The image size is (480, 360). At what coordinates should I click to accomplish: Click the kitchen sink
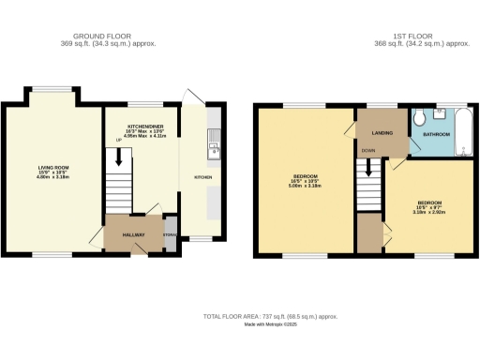click(213, 148)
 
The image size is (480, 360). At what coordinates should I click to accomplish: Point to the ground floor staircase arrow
click(118, 160)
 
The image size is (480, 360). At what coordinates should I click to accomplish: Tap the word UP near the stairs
click(118, 141)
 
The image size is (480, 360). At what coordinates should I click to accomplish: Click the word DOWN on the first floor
click(368, 150)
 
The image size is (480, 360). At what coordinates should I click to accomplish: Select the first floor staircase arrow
click(368, 168)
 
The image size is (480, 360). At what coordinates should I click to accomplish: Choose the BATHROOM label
click(436, 135)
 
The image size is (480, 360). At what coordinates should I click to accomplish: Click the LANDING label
click(382, 132)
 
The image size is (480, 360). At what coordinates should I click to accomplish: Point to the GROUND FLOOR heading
click(109, 37)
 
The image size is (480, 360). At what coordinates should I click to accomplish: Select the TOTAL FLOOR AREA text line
click(270, 317)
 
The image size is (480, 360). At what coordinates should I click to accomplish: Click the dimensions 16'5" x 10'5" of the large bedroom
click(305, 185)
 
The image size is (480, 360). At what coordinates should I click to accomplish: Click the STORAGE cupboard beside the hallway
click(169, 236)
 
